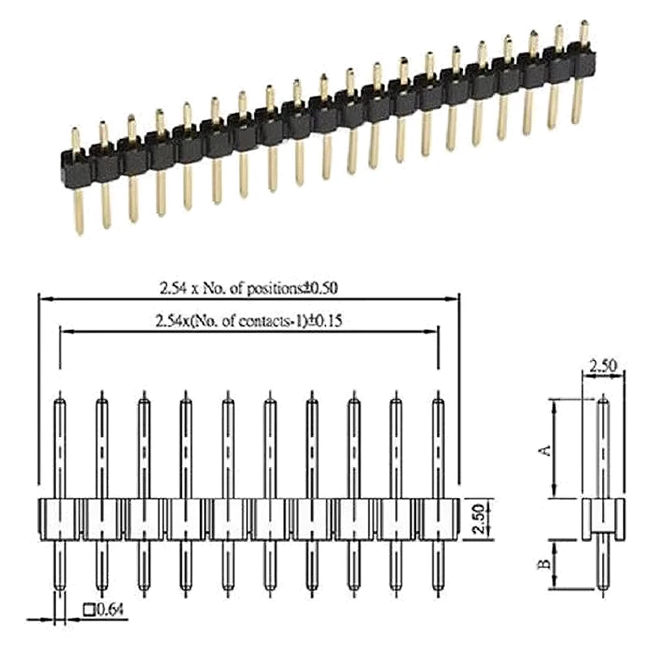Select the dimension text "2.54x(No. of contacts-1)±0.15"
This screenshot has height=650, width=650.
coord(249,321)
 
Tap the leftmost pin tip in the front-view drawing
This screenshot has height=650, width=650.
coord(60,398)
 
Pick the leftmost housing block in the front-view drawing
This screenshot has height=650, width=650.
coord(60,518)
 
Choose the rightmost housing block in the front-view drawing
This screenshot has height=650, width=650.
coord(439,518)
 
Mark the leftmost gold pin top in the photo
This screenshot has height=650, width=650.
coord(76,132)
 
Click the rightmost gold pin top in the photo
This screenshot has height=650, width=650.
coord(583,24)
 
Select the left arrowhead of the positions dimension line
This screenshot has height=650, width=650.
coord(42,298)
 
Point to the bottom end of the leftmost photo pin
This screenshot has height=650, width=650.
coord(79,231)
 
